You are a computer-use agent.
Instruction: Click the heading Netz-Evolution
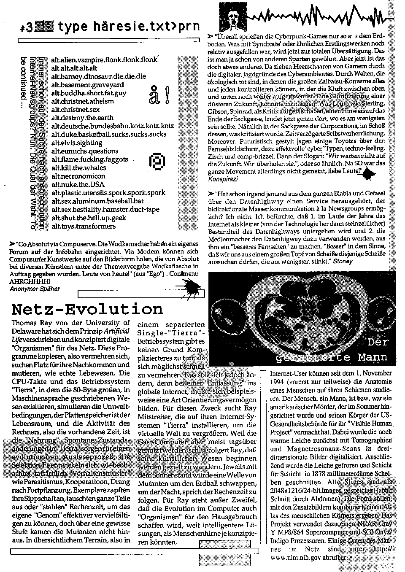click(87, 309)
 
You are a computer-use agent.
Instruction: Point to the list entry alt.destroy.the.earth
click(82, 118)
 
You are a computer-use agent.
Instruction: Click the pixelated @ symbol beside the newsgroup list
click(157, 161)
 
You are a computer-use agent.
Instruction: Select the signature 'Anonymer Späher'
click(35, 289)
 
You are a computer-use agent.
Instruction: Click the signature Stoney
click(343, 262)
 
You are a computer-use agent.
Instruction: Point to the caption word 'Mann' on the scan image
click(373, 357)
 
